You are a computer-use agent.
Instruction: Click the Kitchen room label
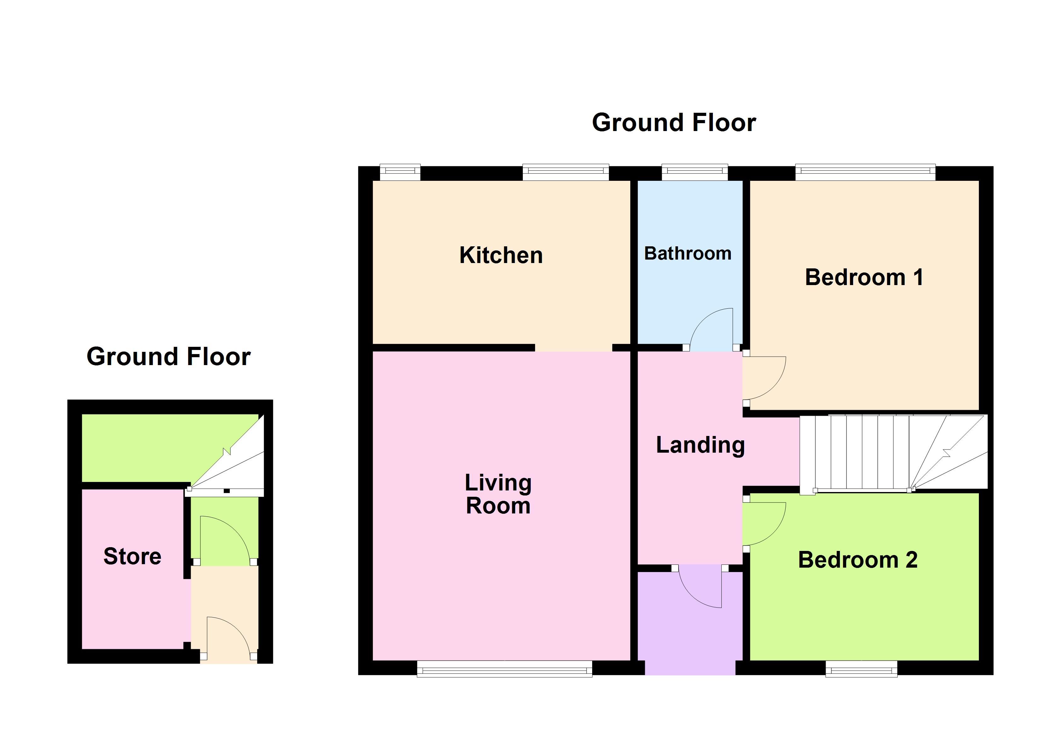pyautogui.click(x=501, y=255)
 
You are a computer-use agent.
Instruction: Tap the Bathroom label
pyautogui.click(x=688, y=254)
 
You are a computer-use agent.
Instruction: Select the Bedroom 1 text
pyautogui.click(x=864, y=278)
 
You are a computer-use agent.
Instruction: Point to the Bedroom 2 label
pyautogui.click(x=858, y=560)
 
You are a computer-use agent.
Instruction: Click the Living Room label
pyautogui.click(x=499, y=494)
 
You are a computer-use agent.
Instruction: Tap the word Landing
pyautogui.click(x=700, y=445)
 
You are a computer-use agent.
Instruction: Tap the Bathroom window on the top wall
pyautogui.click(x=694, y=172)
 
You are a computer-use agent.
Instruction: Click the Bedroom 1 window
pyautogui.click(x=865, y=172)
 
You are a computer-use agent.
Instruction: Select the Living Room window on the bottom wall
pyautogui.click(x=505, y=669)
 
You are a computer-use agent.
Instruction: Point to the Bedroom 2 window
pyautogui.click(x=861, y=669)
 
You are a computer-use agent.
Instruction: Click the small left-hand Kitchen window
pyautogui.click(x=400, y=172)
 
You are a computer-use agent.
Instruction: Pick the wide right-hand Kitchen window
pyautogui.click(x=566, y=172)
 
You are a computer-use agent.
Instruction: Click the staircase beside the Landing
pyautogui.click(x=893, y=453)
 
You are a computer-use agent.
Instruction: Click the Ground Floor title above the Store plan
pyautogui.click(x=169, y=356)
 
